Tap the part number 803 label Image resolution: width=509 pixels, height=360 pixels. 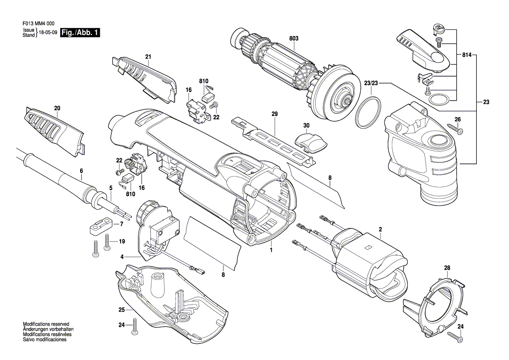pyautogui.click(x=293, y=38)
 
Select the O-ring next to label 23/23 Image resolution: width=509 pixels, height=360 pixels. pyautogui.click(x=368, y=113)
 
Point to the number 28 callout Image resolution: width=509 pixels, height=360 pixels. pyautogui.click(x=447, y=268)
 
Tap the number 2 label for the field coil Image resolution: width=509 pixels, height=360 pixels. pyautogui.click(x=380, y=229)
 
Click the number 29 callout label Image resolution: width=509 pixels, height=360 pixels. pyautogui.click(x=275, y=114)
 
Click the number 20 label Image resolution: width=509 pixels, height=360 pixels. pyautogui.click(x=57, y=108)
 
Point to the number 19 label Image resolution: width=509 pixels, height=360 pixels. pyautogui.click(x=122, y=241)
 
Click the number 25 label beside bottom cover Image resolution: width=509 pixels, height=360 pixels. pyautogui.click(x=121, y=310)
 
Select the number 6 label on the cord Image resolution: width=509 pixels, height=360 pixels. pyautogui.click(x=81, y=170)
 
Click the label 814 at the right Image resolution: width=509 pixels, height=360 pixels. pyautogui.click(x=467, y=55)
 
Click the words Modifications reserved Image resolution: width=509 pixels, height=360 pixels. pyautogui.click(x=46, y=324)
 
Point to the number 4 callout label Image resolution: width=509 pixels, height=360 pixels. pyautogui.click(x=122, y=257)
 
